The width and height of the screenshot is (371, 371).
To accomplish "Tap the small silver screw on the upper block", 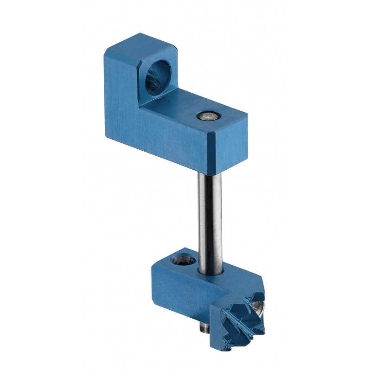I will [x=205, y=116].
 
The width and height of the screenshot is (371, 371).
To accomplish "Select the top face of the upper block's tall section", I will [x=139, y=44].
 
